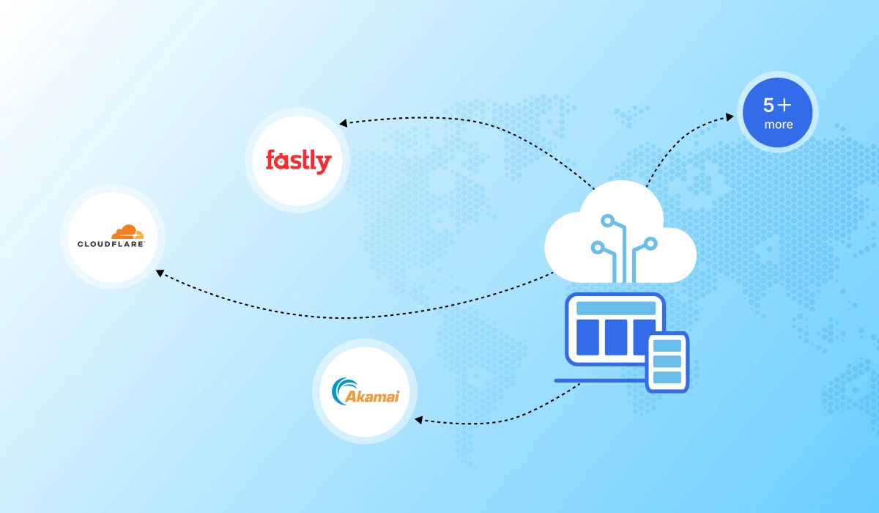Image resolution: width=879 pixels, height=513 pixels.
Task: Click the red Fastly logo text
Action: click(298, 160)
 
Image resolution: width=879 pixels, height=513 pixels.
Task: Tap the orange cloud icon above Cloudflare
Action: click(120, 232)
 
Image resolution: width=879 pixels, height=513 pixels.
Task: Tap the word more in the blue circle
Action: click(778, 125)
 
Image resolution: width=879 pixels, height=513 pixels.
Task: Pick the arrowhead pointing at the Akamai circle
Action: click(419, 420)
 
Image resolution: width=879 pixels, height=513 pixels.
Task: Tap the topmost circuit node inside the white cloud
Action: click(607, 219)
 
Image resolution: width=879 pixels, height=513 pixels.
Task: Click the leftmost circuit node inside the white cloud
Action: click(597, 247)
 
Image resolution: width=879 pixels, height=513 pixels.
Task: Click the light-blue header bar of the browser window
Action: click(615, 308)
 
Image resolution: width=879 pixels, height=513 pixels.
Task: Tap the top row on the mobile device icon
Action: click(667, 345)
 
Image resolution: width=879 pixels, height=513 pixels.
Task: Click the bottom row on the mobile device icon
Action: click(667, 377)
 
